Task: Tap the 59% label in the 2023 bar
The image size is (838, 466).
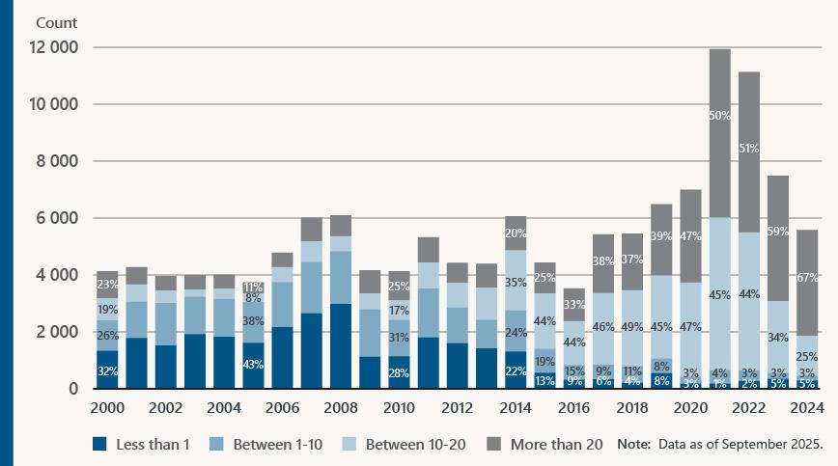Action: point(779,232)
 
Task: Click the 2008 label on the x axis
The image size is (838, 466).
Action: point(341,407)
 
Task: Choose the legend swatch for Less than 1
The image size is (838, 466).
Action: point(98,445)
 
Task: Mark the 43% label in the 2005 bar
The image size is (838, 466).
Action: point(253,366)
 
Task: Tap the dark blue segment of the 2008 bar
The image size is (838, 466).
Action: point(341,345)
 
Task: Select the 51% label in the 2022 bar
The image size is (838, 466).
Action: point(749,149)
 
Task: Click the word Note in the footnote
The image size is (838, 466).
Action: point(633,445)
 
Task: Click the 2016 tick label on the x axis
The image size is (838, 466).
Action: point(574,407)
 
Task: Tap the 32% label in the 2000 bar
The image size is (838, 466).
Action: point(107,371)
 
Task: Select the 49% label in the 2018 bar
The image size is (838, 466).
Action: point(633,327)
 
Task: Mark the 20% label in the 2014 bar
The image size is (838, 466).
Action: point(516,233)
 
